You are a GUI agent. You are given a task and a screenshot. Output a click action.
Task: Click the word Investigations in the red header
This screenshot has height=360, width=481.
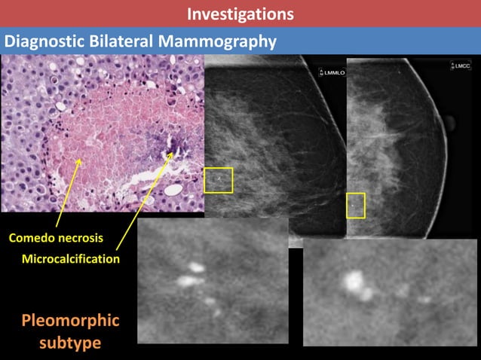tap(240, 14)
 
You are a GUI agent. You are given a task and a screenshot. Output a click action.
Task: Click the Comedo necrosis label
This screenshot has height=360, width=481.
tap(56, 239)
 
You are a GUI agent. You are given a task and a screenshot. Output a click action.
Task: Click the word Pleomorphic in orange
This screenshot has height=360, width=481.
tap(70, 321)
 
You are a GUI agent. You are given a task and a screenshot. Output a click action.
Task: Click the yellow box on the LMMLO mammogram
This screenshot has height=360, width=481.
tap(219, 180)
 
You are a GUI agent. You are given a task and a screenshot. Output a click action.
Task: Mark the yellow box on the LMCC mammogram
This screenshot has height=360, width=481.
tap(355, 206)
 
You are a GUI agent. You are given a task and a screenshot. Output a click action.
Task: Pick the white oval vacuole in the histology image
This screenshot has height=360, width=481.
tap(173, 190)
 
